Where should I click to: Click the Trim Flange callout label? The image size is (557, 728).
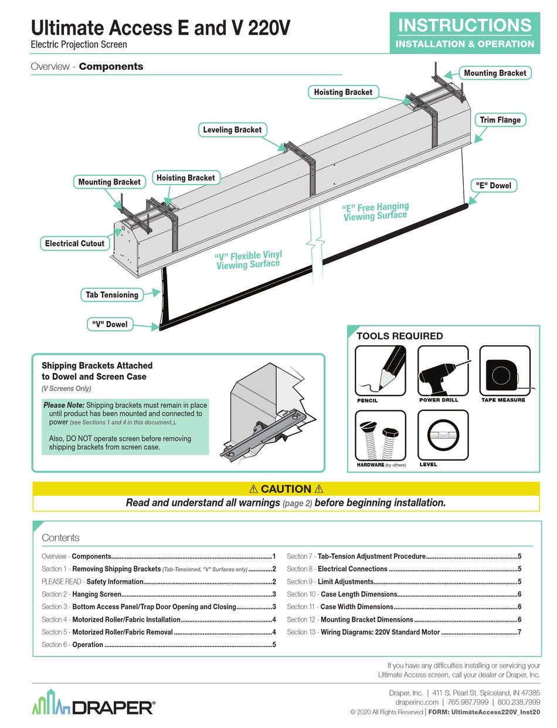coord(500,120)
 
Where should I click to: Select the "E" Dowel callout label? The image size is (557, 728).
coord(493,186)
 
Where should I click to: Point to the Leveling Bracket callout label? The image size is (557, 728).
coord(232,130)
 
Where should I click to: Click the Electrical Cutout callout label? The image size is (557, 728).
coord(74,243)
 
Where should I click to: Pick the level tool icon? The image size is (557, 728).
coord(443,436)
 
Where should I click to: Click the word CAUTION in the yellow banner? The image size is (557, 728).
coord(286,489)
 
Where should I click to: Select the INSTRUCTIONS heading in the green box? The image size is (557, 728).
coord(465,25)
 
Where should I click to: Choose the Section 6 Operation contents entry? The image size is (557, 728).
coord(87,645)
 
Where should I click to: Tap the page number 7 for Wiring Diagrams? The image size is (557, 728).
coord(519,632)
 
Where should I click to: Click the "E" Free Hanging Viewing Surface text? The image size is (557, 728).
coord(375,212)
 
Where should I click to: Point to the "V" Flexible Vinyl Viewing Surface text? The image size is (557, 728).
coord(249,260)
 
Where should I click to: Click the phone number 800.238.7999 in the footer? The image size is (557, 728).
coord(519,702)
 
